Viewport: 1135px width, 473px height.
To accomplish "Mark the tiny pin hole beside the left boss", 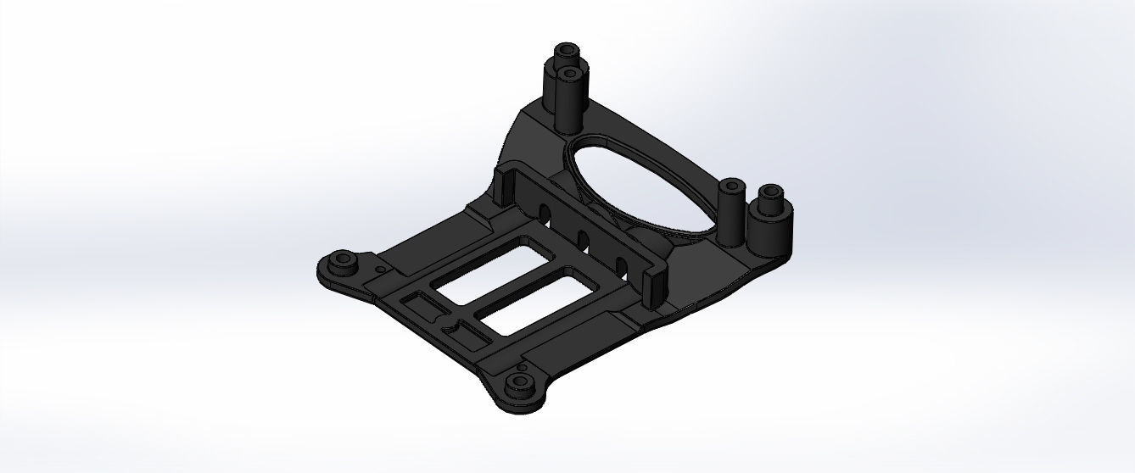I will [x=380, y=270].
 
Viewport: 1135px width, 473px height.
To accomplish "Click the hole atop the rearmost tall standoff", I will [x=565, y=50].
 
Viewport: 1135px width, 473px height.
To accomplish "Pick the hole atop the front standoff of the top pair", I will [x=570, y=74].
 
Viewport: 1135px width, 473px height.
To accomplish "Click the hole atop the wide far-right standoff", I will [x=770, y=192].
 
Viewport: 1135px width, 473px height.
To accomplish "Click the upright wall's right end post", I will [x=656, y=288].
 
